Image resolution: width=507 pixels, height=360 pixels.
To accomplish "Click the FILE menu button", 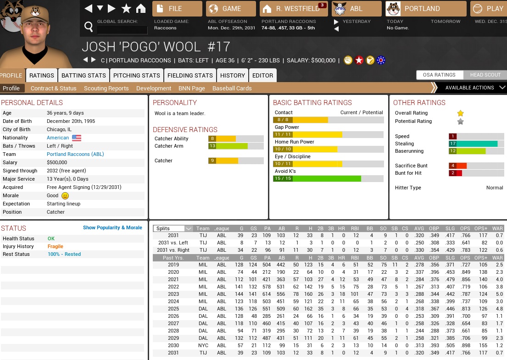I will [177, 9].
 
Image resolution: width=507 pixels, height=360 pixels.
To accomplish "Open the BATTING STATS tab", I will [84, 75].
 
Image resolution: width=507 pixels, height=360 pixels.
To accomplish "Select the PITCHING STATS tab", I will [137, 75].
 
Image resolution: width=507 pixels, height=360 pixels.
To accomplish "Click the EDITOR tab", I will [262, 75].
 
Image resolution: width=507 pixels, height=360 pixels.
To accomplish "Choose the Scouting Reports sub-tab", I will [106, 88].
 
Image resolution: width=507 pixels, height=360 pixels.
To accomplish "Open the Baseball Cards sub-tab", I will [232, 88].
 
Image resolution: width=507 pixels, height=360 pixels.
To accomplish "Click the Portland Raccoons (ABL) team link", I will [75, 154].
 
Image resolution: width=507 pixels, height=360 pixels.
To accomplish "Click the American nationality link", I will [58, 138].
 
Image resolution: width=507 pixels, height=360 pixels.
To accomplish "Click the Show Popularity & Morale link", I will [112, 227].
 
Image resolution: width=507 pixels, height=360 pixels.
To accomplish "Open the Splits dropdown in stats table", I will [173, 228].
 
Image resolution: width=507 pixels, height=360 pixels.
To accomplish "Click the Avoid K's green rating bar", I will [317, 178].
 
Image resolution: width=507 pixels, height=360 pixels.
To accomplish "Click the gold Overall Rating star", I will [460, 113].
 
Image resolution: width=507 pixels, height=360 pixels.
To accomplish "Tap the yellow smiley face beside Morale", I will [65, 195].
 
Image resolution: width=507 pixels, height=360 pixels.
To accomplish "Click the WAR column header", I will [497, 228].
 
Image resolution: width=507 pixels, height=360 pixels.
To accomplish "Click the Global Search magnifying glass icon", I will [89, 28].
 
